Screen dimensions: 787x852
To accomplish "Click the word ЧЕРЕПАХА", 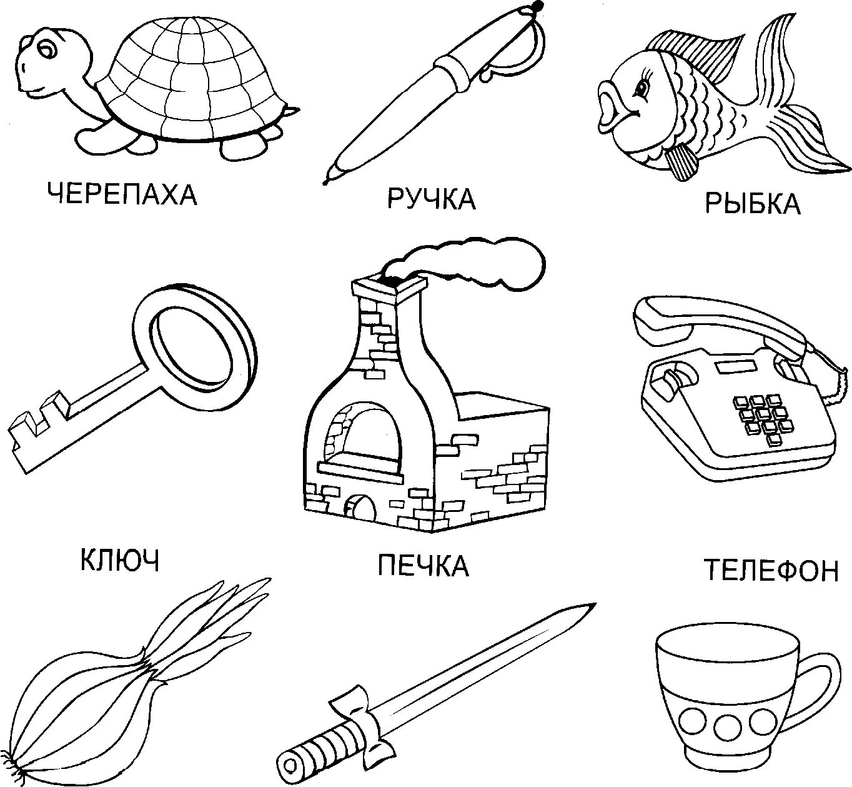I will tap(122, 194).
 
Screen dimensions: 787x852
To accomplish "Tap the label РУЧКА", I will tap(432, 199).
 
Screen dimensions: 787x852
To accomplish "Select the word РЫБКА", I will tap(752, 204).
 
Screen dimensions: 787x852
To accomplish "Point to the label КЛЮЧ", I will tap(120, 560).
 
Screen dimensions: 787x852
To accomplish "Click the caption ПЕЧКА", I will tap(423, 566).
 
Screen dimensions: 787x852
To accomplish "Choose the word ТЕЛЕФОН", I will tap(771, 570).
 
